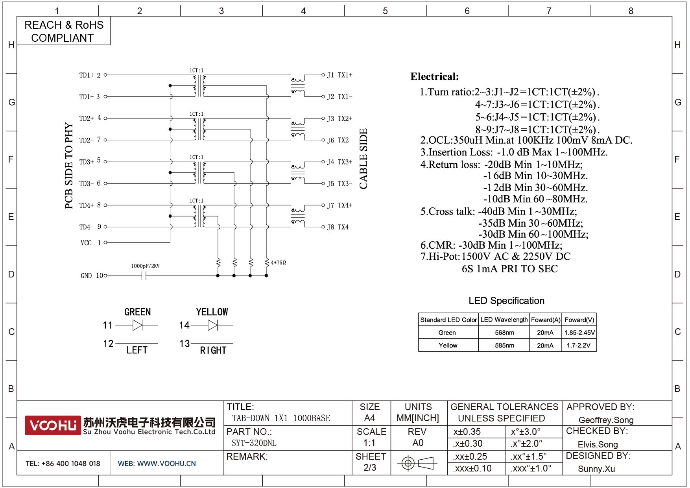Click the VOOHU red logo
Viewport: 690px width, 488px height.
(x=53, y=425)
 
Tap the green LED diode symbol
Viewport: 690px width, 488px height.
(x=137, y=325)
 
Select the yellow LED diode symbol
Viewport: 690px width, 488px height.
(x=212, y=325)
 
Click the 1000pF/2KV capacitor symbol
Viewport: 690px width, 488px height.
(x=144, y=276)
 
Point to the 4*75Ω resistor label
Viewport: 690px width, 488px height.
(x=278, y=262)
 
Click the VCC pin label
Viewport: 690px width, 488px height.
(x=86, y=243)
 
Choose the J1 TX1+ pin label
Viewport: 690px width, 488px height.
(x=339, y=75)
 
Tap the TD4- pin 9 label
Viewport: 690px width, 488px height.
(x=90, y=227)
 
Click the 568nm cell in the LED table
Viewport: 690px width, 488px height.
(x=504, y=333)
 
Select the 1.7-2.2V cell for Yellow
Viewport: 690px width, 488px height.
(x=579, y=345)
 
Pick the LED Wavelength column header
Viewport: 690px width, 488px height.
(x=504, y=320)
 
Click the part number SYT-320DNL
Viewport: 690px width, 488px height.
(x=254, y=443)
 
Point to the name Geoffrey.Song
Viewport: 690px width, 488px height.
(x=606, y=420)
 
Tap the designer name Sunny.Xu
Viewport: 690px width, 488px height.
(x=596, y=469)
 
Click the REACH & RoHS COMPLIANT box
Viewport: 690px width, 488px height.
(x=63, y=31)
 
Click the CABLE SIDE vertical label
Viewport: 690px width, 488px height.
(x=363, y=159)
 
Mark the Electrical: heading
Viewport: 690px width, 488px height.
(x=434, y=76)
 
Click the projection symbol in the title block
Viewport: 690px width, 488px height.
(x=417, y=463)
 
